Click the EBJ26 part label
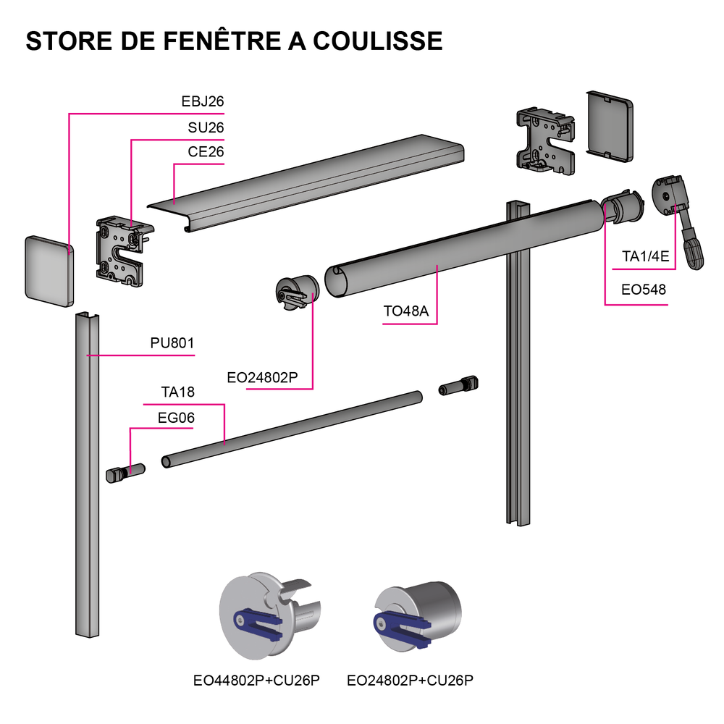pos(202,102)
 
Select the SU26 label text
pos(205,127)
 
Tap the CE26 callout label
pos(205,152)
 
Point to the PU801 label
pos(172,343)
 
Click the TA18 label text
pos(178,392)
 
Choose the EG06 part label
pos(176,418)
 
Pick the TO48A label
pos(406,312)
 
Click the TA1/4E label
pos(646,256)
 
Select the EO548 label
pos(644,291)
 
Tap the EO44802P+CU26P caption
pos(257,680)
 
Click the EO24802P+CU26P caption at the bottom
pos(411,680)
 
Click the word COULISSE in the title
pos(377,41)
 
